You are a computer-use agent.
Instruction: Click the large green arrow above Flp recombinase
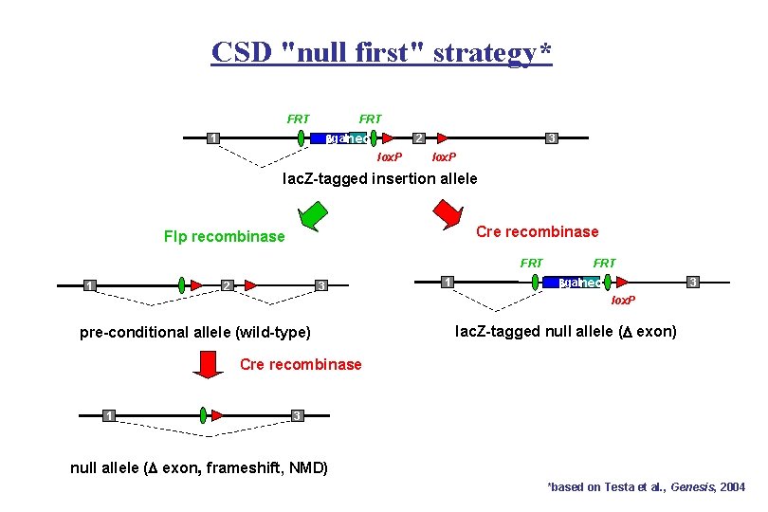[x=310, y=217]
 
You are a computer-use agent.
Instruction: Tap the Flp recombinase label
[x=224, y=236]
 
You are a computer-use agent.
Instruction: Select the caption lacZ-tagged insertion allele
[x=380, y=178]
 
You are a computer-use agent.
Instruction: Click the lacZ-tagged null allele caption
[x=566, y=331]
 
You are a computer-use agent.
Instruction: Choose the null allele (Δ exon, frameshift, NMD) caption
[x=199, y=466]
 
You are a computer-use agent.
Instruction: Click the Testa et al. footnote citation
[x=647, y=486]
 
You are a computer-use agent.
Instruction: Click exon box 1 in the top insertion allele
[x=214, y=139]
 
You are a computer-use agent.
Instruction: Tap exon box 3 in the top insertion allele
[x=552, y=139]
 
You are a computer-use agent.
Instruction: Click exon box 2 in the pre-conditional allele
[x=226, y=285]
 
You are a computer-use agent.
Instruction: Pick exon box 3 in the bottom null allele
[x=297, y=415]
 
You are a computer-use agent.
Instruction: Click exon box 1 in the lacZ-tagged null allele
[x=447, y=281]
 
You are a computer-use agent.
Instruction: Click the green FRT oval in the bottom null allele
[x=203, y=414]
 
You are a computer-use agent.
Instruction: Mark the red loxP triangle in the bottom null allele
[x=218, y=415]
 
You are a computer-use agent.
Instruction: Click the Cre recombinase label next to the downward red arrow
[x=301, y=364]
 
